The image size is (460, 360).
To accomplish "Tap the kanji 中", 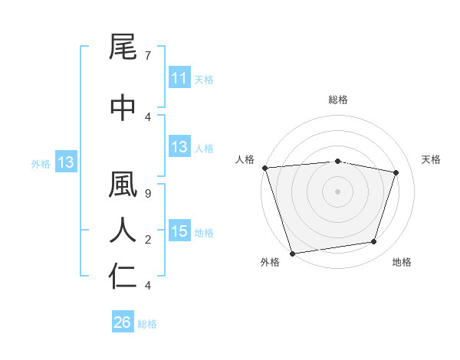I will click(123, 107).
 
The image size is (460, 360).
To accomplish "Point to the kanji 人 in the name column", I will click(123, 230).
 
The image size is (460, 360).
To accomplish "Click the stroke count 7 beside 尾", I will click(147, 56).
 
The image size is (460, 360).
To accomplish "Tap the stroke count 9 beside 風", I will click(147, 194).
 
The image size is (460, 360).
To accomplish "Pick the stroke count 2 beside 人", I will click(147, 240).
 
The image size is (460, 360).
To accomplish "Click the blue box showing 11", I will click(179, 78).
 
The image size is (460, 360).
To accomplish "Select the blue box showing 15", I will click(179, 231).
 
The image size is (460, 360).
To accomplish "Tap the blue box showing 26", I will click(122, 323).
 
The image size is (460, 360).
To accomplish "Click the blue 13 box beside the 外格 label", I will click(65, 162).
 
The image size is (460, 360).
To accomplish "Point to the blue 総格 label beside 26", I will click(147, 324).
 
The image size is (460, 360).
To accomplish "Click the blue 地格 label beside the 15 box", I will click(204, 232).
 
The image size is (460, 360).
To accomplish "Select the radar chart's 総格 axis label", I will click(338, 100).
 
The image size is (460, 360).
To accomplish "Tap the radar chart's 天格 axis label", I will click(432, 159).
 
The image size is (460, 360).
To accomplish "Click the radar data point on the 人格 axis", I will click(264, 168).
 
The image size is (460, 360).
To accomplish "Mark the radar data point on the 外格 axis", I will click(292, 253).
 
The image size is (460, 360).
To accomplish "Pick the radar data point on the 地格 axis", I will click(374, 242).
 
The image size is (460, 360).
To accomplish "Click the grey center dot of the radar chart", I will click(338, 191).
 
